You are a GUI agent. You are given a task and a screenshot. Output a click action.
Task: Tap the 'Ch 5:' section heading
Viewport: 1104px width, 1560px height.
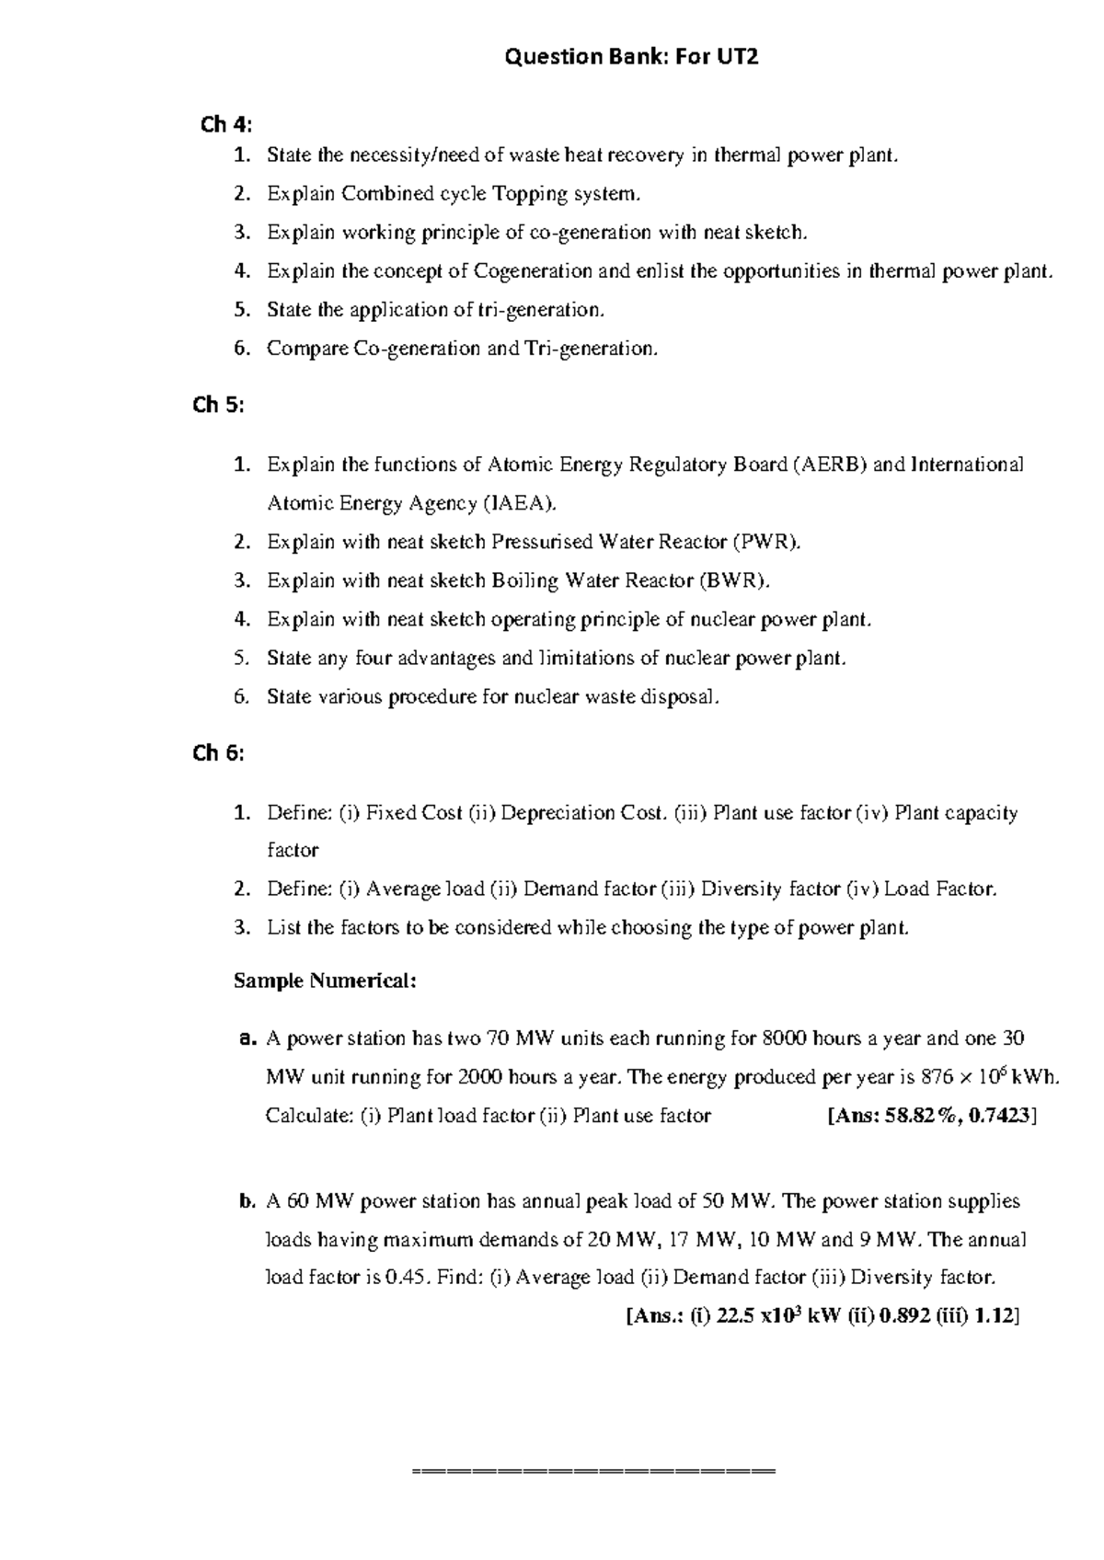219,405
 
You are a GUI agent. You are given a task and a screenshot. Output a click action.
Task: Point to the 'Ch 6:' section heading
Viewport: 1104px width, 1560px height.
219,753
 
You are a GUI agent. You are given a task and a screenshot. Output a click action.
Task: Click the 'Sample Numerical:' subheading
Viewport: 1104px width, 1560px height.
325,981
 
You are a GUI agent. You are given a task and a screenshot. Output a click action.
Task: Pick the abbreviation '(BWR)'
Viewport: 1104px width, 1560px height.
733,580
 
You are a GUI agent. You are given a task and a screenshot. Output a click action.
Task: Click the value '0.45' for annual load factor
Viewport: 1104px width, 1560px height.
404,1278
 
